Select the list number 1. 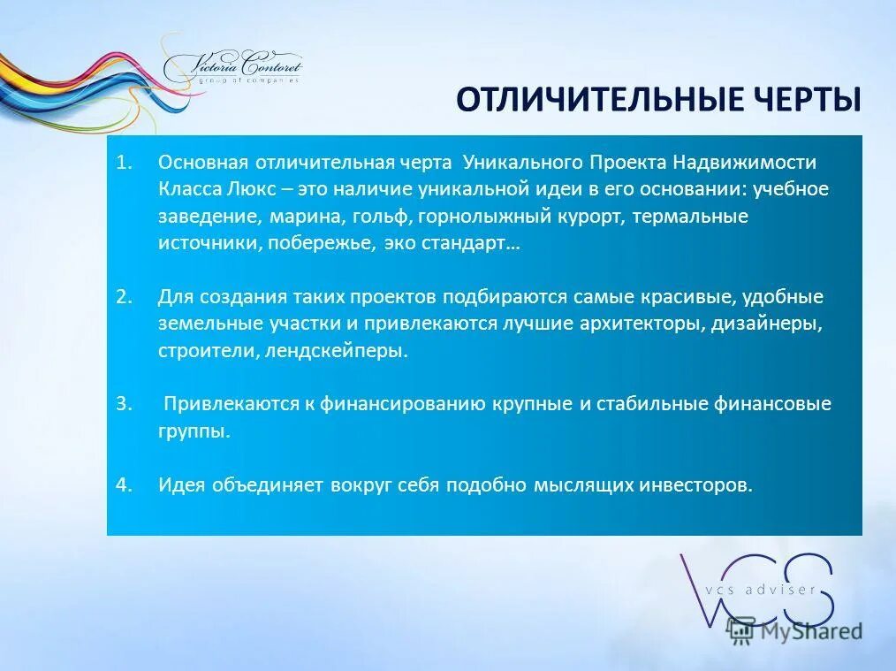pos(123,163)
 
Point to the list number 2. pos(123,297)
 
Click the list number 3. pos(123,404)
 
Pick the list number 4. pos(123,484)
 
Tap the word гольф pos(383,217)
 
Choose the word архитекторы pos(642,324)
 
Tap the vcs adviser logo pos(756,588)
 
